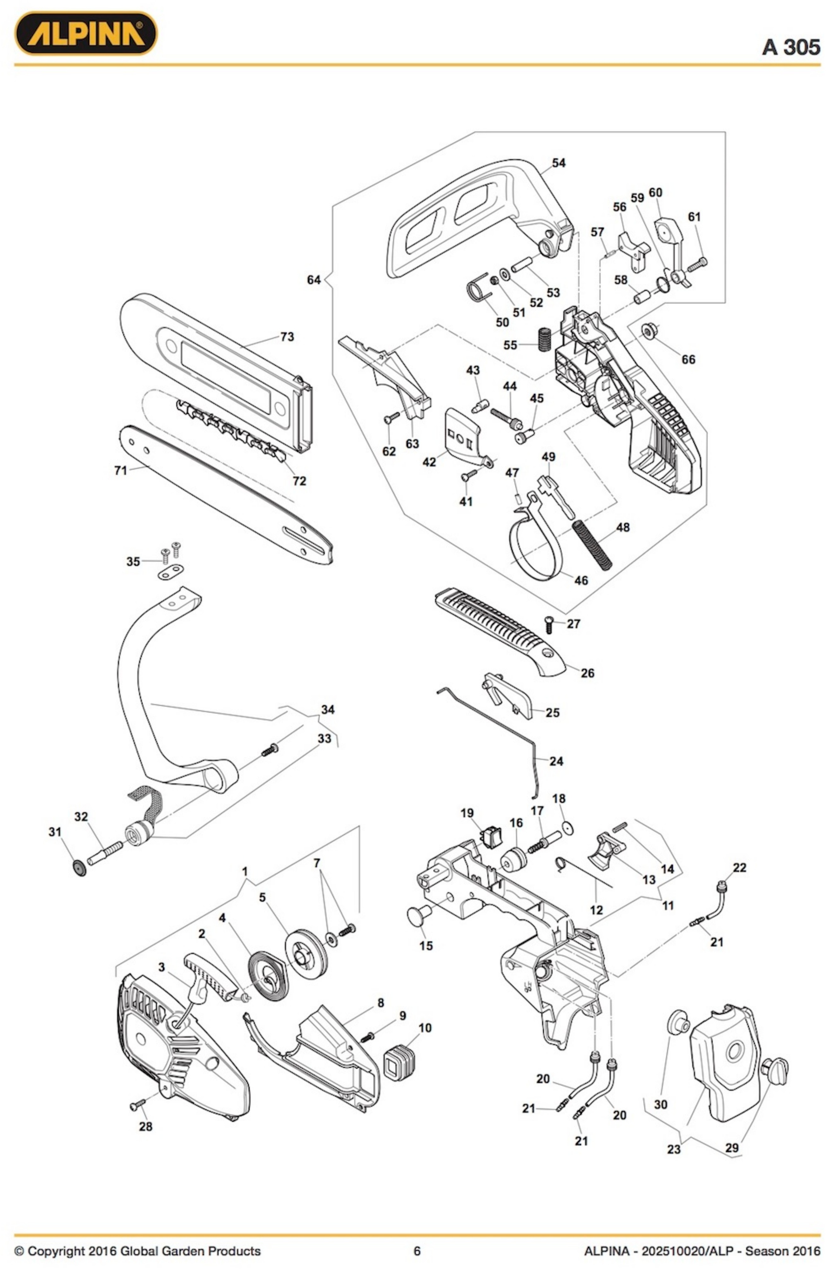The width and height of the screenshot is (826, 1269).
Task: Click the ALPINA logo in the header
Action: [85, 34]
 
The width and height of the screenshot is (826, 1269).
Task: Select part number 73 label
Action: [287, 337]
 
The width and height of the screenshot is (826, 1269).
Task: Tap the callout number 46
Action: [581, 580]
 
